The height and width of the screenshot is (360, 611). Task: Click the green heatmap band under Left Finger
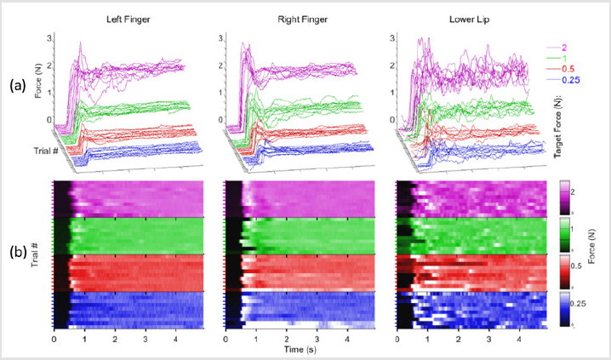[128, 235]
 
